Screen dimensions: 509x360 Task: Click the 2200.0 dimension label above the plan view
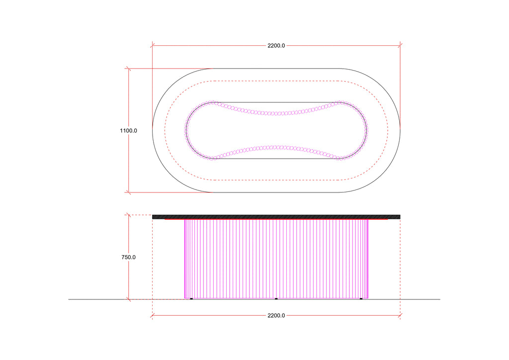(x=276, y=46)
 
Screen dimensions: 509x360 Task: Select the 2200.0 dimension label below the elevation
(x=276, y=316)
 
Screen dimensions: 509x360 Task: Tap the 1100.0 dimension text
(x=129, y=131)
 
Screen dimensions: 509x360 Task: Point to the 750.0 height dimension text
(x=129, y=258)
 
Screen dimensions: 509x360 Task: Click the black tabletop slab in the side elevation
(x=276, y=217)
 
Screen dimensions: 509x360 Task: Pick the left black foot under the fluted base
(x=191, y=299)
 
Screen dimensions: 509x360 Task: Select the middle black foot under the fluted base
(x=276, y=299)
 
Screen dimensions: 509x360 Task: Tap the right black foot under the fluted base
(x=361, y=299)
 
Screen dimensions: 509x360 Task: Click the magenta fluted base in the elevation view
(x=276, y=259)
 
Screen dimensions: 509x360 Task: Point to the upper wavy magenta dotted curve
(x=276, y=113)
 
